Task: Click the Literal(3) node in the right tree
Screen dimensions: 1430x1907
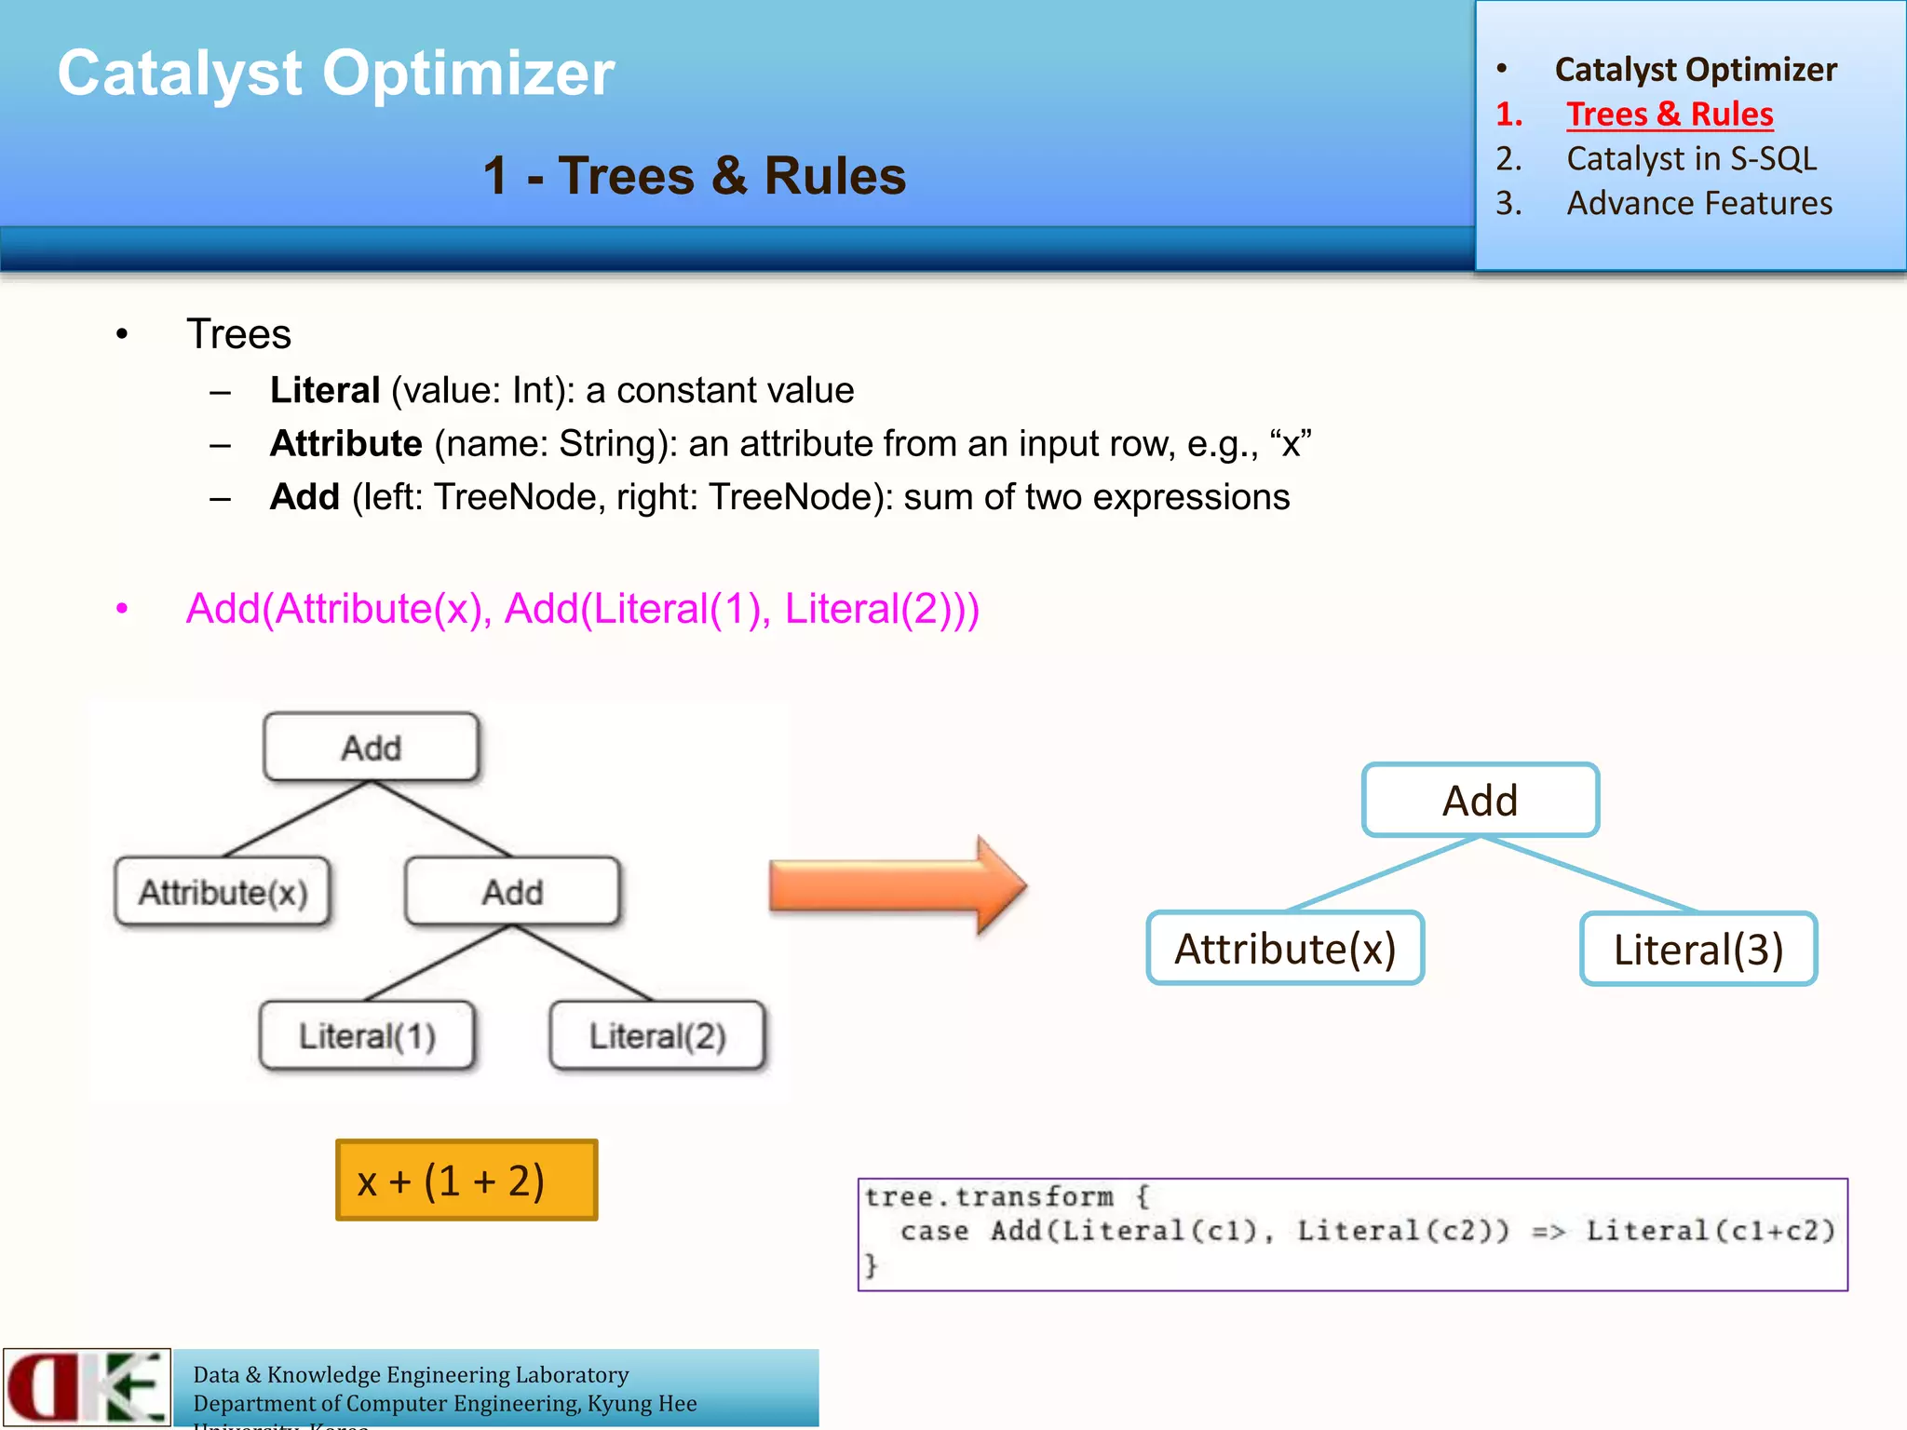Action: click(x=1698, y=950)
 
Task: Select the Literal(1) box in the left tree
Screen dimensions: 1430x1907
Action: click(x=367, y=1035)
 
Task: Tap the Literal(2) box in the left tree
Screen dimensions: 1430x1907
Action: click(x=657, y=1035)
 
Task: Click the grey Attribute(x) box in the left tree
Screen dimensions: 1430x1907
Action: click(x=223, y=892)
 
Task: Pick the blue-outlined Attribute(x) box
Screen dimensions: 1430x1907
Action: click(x=1285, y=949)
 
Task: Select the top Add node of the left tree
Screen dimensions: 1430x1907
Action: click(x=371, y=748)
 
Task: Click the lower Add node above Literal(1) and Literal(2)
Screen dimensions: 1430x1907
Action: click(x=512, y=892)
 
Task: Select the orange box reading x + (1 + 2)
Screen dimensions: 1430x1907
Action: click(x=466, y=1180)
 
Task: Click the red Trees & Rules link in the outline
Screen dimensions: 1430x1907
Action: click(x=1669, y=115)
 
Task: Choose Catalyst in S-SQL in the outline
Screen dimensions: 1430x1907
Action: click(x=1691, y=159)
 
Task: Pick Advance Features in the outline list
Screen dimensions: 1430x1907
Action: click(x=1698, y=204)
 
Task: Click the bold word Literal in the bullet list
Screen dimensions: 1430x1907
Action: click(x=325, y=391)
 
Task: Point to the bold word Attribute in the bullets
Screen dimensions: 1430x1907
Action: click(x=345, y=444)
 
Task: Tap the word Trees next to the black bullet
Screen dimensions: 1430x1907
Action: click(x=238, y=334)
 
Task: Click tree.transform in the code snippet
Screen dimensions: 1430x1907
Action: click(x=988, y=1197)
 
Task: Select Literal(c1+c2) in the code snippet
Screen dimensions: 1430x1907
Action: click(x=1710, y=1232)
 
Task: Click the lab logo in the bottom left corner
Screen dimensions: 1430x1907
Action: click(x=87, y=1386)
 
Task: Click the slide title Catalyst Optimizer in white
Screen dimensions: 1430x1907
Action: click(x=336, y=74)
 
